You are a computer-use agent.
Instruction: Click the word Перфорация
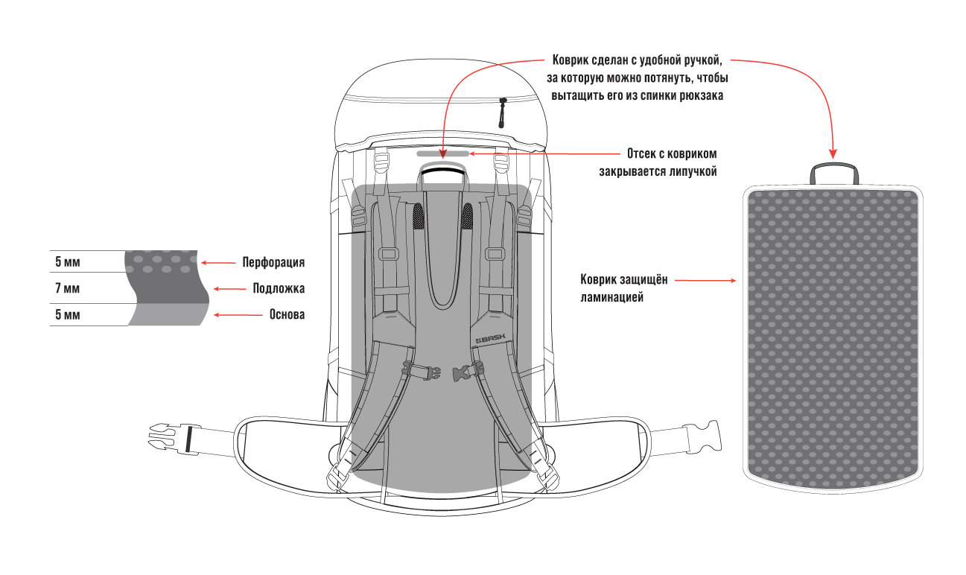(x=273, y=262)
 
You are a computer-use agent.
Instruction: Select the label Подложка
(x=279, y=288)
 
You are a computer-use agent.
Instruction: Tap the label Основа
(x=287, y=314)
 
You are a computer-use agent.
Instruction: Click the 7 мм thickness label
(x=67, y=288)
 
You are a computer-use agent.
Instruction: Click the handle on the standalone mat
(x=834, y=172)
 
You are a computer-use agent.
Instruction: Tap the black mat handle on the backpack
(x=443, y=171)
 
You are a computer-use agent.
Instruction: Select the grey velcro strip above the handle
(x=442, y=153)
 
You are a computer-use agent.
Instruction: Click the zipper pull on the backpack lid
(x=502, y=112)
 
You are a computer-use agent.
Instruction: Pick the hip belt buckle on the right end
(x=709, y=436)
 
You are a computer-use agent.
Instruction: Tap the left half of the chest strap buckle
(x=418, y=369)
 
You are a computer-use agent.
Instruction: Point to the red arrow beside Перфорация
(x=217, y=262)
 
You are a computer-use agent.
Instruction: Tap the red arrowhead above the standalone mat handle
(x=833, y=150)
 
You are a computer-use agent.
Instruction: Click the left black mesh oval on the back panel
(x=419, y=216)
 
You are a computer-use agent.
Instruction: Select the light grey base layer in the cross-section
(x=168, y=314)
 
